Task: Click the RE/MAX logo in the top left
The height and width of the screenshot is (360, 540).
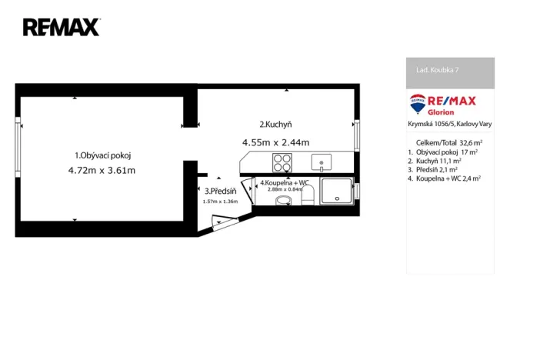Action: (x=61, y=28)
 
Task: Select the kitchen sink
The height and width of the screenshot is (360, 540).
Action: (x=321, y=162)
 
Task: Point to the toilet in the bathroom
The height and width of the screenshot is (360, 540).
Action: (x=307, y=198)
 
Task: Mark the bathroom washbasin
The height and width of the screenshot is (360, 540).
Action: (x=283, y=201)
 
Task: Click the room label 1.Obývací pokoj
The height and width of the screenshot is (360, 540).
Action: (x=102, y=155)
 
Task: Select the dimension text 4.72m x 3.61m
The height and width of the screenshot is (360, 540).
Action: (x=102, y=170)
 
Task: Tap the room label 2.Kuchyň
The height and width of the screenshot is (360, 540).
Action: (x=275, y=125)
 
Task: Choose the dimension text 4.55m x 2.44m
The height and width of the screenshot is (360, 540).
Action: (x=275, y=142)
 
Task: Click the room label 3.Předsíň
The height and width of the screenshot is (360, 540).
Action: (x=220, y=192)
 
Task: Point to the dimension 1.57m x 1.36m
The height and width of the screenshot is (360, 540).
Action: (x=220, y=202)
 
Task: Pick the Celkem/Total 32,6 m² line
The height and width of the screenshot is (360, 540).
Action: (x=448, y=143)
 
